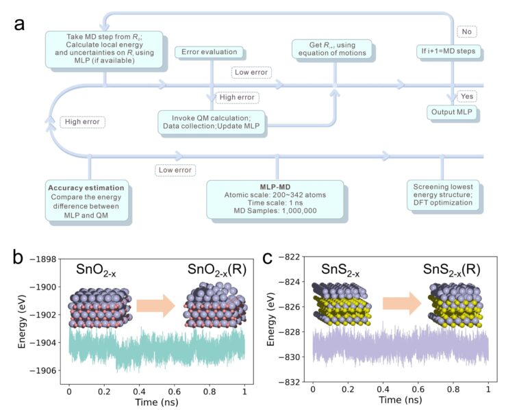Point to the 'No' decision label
click(x=465, y=31)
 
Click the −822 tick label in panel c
click(x=292, y=256)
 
